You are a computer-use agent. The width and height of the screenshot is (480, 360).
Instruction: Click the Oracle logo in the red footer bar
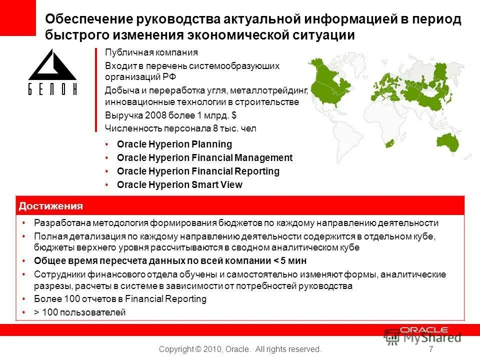point(423,330)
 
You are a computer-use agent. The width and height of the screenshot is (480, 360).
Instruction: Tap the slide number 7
point(431,349)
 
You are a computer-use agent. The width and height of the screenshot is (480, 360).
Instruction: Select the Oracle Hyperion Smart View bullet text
point(179,184)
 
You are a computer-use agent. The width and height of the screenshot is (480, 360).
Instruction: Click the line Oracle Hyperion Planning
point(174,144)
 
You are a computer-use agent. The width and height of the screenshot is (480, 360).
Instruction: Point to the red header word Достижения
point(50,206)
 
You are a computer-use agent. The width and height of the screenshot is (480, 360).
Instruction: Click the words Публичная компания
point(151,52)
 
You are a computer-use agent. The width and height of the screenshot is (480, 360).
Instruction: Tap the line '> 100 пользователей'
point(80,312)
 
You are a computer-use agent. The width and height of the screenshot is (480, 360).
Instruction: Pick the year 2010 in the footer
point(210,349)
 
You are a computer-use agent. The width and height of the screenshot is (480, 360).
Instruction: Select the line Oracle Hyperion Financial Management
point(204,157)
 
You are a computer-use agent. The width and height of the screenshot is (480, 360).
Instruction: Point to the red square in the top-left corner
point(18,17)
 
